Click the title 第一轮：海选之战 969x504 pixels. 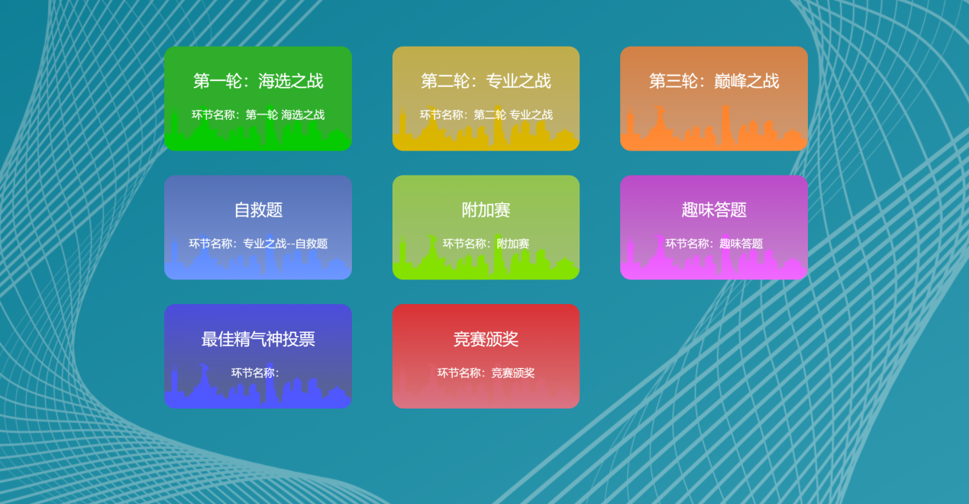click(258, 81)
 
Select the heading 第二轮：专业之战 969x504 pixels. click(486, 81)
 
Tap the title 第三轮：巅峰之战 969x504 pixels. click(714, 81)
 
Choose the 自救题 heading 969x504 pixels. click(258, 210)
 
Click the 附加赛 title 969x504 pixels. click(486, 210)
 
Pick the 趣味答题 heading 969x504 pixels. click(714, 210)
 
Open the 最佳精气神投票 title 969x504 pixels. click(258, 339)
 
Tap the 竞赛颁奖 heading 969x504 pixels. click(486, 339)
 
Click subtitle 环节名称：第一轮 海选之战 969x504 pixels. click(258, 115)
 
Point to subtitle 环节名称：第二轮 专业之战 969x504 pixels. click(486, 115)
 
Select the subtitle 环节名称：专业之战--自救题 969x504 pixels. click(258, 244)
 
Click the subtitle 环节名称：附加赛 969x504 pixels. click(486, 244)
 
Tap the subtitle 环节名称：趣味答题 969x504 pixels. click(714, 244)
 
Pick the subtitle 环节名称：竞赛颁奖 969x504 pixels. click(486, 373)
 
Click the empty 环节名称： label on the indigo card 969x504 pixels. click(255, 373)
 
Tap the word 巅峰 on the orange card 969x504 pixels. click(730, 81)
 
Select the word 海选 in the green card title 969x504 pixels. click(274, 81)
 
